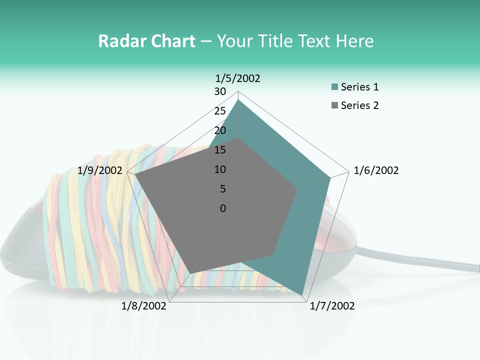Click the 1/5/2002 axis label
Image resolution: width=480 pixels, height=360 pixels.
pyautogui.click(x=237, y=78)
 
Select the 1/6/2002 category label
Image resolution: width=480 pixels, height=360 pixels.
pyautogui.click(x=376, y=170)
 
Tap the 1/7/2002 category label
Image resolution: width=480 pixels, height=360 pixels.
pyautogui.click(x=332, y=306)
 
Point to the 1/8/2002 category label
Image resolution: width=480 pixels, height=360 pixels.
pyautogui.click(x=144, y=306)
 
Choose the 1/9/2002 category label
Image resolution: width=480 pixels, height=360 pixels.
pyautogui.click(x=100, y=170)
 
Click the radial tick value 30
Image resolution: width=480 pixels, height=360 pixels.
pyautogui.click(x=220, y=91)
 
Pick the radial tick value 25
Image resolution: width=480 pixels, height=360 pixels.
pyautogui.click(x=220, y=111)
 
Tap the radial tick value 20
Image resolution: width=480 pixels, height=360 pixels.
pyautogui.click(x=220, y=130)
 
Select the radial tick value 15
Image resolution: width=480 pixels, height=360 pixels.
pyautogui.click(x=220, y=150)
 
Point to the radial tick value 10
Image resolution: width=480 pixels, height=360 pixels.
pyautogui.click(x=220, y=169)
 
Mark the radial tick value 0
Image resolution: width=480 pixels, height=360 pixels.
pyautogui.click(x=223, y=208)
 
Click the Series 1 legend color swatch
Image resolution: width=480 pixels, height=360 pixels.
pyautogui.click(x=334, y=87)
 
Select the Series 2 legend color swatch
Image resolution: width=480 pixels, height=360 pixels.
pyautogui.click(x=334, y=105)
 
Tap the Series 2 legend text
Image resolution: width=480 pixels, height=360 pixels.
pyautogui.click(x=359, y=105)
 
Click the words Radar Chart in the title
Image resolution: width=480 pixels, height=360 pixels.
pyautogui.click(x=146, y=41)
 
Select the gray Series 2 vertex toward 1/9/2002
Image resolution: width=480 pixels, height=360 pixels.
pyautogui.click(x=135, y=175)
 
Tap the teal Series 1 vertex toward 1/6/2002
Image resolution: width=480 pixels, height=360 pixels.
pyautogui.click(x=330, y=178)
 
